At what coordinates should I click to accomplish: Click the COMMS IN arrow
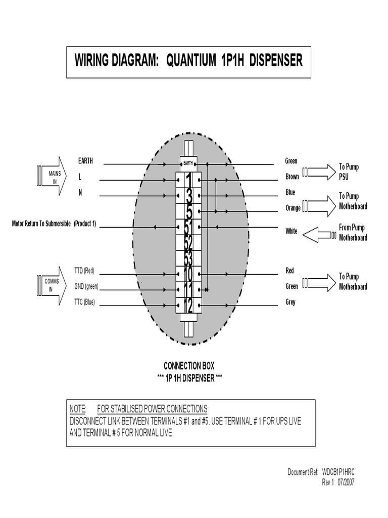[x=52, y=285]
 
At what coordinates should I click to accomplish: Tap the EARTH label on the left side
[x=85, y=161]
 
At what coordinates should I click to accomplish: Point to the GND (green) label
[x=86, y=287]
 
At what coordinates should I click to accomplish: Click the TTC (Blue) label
[x=84, y=303]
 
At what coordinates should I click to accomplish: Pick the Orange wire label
[x=293, y=208]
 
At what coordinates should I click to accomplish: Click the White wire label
[x=292, y=231]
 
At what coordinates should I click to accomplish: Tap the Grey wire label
[x=290, y=303]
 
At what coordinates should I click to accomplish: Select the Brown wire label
[x=292, y=177]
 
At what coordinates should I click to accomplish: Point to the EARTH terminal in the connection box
[x=188, y=163]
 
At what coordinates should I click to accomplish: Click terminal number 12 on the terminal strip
[x=188, y=305]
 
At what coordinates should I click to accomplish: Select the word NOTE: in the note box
[x=78, y=408]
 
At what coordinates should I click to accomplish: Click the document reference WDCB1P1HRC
[x=338, y=472]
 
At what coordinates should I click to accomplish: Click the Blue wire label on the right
[x=290, y=193]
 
